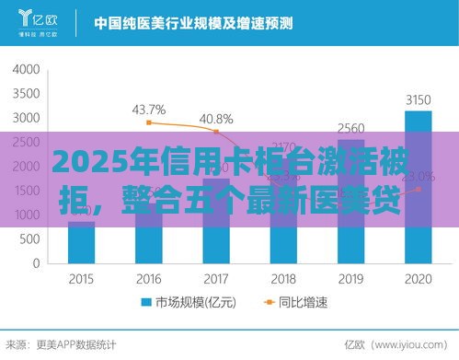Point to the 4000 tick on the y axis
point(28,70)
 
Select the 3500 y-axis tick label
point(28,94)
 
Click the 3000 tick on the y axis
point(28,119)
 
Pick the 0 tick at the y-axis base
point(37,263)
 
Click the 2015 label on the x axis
point(82,279)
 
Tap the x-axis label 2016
point(148,279)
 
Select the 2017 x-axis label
point(216,279)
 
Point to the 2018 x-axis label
point(283,279)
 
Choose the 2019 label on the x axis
point(350,279)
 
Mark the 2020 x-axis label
point(418,279)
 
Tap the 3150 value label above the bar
point(418,100)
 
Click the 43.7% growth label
point(149,110)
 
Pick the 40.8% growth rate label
point(216,119)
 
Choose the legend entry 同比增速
point(288,303)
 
